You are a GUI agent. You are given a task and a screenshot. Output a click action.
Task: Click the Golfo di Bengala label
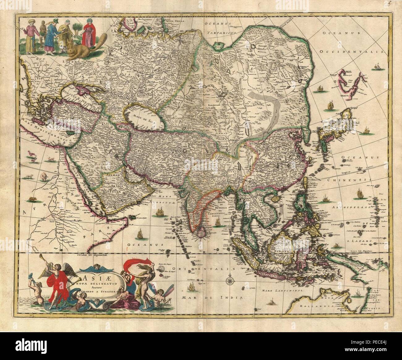click(211, 207)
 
